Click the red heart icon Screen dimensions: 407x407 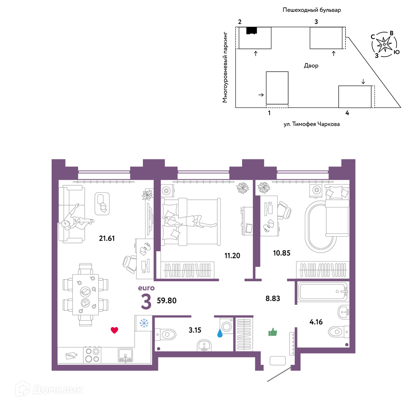point(114,330)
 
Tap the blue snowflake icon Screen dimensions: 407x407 point(144,323)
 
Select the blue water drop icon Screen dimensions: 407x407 point(220,333)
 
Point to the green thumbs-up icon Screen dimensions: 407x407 point(273,332)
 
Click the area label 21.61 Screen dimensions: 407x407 point(107,238)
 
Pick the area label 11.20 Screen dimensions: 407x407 point(232,256)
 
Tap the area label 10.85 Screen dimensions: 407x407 point(282,253)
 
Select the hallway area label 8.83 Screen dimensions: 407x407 point(273,298)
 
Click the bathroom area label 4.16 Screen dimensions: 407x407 point(316,322)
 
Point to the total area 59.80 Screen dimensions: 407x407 point(166,301)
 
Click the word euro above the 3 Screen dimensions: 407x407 point(146,288)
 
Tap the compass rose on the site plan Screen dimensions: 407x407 point(385,44)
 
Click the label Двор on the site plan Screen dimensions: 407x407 point(311,66)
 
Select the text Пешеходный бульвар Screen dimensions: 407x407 point(312,10)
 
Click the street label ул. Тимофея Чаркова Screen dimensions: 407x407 point(311,124)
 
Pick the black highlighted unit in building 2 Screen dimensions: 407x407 point(252,31)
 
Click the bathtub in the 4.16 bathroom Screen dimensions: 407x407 point(323,291)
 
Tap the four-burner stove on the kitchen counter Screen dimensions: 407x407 point(92,355)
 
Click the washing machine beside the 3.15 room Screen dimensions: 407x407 point(226,326)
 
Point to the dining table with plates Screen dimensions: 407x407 point(85,295)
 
